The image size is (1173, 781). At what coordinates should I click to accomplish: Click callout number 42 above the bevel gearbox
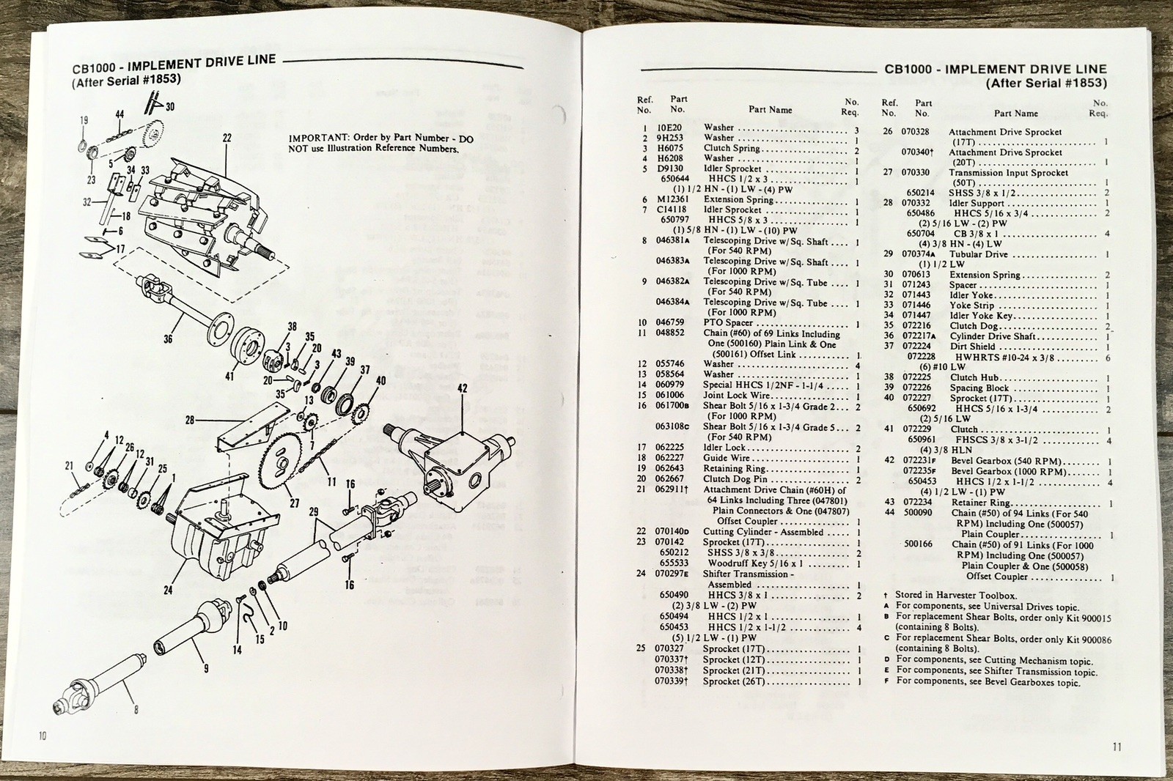tap(462, 388)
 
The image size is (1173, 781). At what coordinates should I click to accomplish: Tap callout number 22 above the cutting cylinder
tap(227, 137)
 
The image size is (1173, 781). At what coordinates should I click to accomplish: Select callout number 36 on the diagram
tap(169, 339)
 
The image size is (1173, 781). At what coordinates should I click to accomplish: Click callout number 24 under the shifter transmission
tap(169, 590)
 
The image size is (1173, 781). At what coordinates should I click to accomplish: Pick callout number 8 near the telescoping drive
tap(136, 709)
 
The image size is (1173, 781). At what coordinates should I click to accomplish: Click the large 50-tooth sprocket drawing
tap(287, 462)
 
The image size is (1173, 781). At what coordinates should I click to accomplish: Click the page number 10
tap(42, 735)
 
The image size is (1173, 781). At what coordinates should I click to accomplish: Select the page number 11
tap(1116, 747)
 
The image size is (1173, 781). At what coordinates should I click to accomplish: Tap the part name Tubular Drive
tap(979, 254)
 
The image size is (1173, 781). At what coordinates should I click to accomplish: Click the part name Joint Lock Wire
tap(736, 395)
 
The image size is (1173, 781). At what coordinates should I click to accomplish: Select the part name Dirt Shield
tap(973, 347)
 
